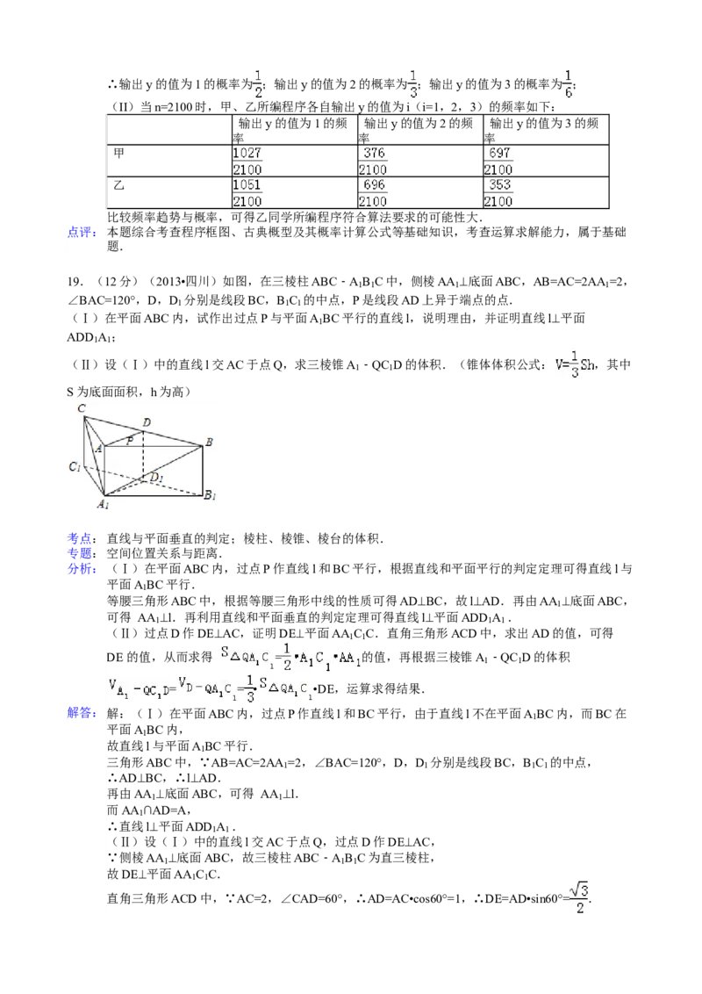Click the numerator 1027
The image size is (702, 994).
point(248,153)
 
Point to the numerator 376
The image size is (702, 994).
point(373,153)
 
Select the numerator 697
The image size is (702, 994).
point(499,153)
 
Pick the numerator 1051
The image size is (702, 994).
point(248,185)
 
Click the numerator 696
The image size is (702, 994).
point(373,185)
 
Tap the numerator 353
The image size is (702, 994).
point(499,185)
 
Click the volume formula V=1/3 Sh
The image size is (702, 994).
point(572,365)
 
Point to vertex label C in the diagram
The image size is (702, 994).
point(81,408)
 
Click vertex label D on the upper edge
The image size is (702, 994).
point(147,422)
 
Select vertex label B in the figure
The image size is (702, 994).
point(209,441)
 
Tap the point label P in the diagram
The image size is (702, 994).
point(129,441)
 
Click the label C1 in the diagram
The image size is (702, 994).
point(75,466)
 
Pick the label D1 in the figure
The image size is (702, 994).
point(155,478)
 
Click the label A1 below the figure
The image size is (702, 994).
point(103,504)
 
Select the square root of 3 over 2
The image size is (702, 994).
point(578,897)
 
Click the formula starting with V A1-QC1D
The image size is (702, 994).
point(211,688)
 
